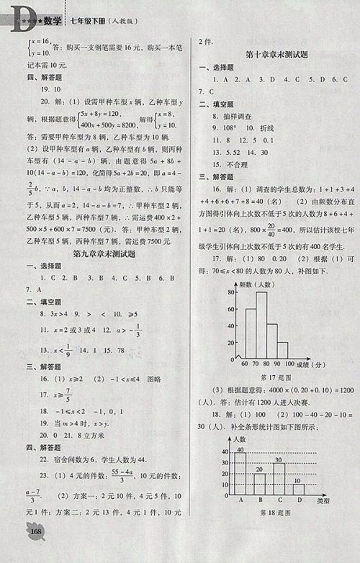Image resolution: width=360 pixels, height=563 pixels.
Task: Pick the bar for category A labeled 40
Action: (240, 472)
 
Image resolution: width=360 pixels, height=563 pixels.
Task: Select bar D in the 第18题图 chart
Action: (297, 488)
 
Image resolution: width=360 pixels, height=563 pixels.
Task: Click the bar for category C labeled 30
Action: (278, 478)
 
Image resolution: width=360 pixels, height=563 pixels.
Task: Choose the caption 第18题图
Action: (268, 512)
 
